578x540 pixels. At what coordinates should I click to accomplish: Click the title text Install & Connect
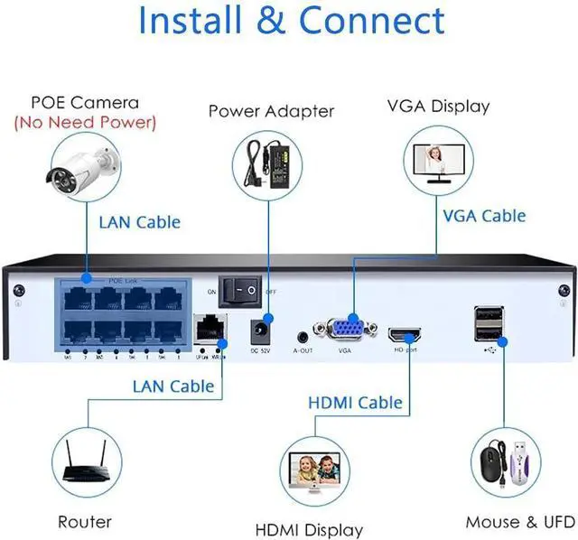coord(292,22)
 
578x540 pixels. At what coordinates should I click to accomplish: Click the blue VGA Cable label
coord(484,216)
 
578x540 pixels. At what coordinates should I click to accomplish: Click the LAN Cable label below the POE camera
coord(138,221)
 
